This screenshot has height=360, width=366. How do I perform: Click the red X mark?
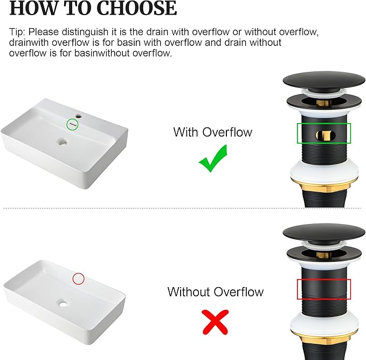[215, 322]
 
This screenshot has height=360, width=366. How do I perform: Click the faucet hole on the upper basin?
[79, 116]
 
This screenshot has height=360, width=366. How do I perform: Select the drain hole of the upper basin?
[63, 141]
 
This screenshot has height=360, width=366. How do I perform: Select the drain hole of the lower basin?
[63, 303]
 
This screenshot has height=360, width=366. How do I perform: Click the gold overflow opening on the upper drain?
[326, 136]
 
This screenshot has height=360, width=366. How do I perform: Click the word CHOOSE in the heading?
[136, 9]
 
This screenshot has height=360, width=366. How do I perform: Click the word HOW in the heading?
[33, 9]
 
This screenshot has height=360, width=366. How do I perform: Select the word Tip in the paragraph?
[17, 32]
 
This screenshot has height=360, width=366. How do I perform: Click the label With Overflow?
[212, 132]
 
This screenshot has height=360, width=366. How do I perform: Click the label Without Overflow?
[216, 292]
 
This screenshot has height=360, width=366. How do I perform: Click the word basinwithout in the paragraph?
[103, 53]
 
